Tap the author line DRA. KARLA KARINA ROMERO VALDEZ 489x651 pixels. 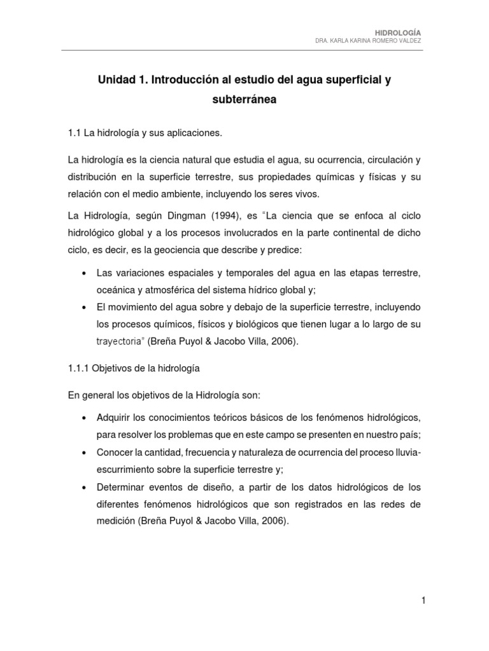click(368, 41)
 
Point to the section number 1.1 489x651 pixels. click(74, 133)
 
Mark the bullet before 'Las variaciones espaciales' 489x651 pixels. click(85, 273)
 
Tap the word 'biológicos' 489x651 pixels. click(243, 325)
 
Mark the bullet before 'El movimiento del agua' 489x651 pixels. click(85, 307)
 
